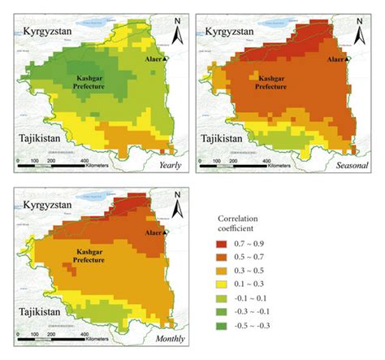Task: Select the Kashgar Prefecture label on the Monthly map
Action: (x=93, y=257)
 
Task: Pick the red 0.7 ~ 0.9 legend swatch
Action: (x=224, y=244)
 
